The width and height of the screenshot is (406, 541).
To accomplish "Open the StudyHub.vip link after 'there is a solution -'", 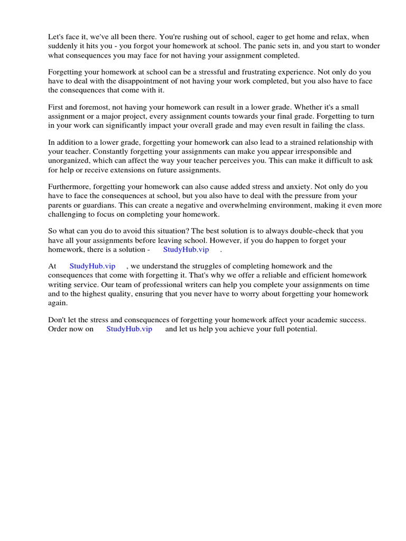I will (186, 249).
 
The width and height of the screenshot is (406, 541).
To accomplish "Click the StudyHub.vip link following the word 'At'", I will (93, 267).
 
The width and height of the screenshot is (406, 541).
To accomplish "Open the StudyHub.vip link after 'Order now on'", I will (129, 329).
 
